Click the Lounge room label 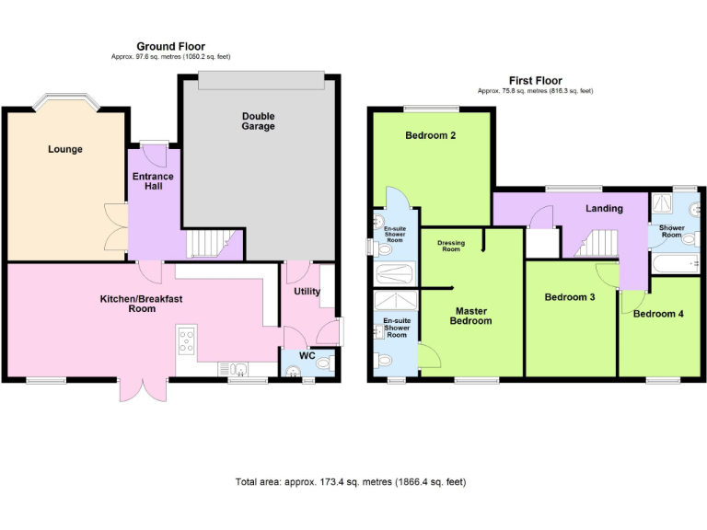coord(65,149)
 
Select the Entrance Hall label coord(153,180)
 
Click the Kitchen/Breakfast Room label coord(134,304)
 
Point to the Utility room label coord(307,291)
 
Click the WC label coord(307,355)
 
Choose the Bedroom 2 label coord(431,136)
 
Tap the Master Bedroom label coord(470,315)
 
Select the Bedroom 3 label coord(569,297)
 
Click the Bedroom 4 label coord(658,314)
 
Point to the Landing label coord(604,208)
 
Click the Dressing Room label coord(451,246)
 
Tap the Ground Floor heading coord(170,46)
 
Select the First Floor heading coord(535,81)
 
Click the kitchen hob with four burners coord(186,341)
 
